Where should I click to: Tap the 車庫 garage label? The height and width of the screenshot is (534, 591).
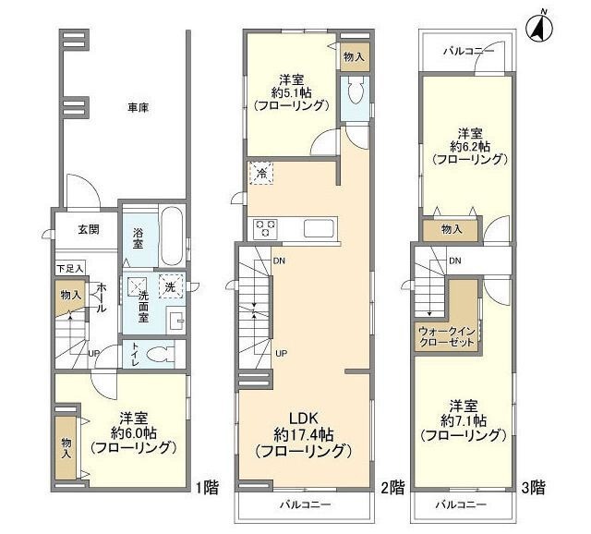(x=139, y=108)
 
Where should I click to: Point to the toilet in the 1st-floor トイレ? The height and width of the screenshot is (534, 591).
(x=159, y=353)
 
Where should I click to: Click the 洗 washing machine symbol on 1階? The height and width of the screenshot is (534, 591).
(x=170, y=286)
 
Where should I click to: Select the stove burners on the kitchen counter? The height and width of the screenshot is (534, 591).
(x=267, y=228)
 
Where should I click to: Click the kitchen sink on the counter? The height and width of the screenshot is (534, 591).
(x=318, y=228)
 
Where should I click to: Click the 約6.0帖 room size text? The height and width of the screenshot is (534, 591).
(x=134, y=432)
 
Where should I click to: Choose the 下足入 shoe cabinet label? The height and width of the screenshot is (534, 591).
(x=69, y=268)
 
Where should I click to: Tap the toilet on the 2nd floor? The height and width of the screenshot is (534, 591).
(x=354, y=92)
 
